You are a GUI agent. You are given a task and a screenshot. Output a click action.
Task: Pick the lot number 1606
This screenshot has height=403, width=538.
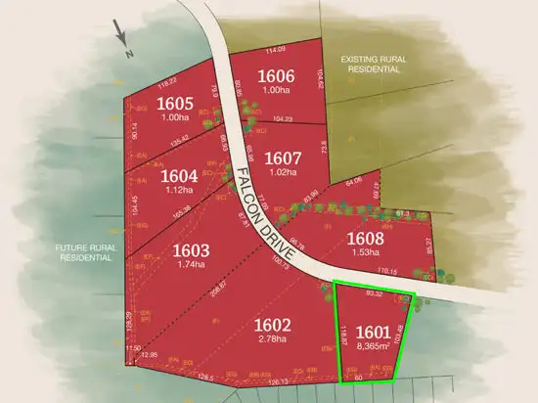(x=276, y=76)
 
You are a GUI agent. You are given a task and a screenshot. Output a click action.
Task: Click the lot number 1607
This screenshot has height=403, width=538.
(x=282, y=157)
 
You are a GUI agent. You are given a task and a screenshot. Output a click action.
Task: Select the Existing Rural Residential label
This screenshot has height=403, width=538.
(x=373, y=65)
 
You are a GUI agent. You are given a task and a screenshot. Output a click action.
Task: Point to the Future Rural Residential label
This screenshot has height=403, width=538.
(x=86, y=253)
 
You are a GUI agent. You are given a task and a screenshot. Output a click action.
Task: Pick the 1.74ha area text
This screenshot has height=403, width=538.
(x=193, y=264)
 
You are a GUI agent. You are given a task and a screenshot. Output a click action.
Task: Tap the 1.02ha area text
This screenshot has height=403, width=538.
(x=282, y=173)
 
